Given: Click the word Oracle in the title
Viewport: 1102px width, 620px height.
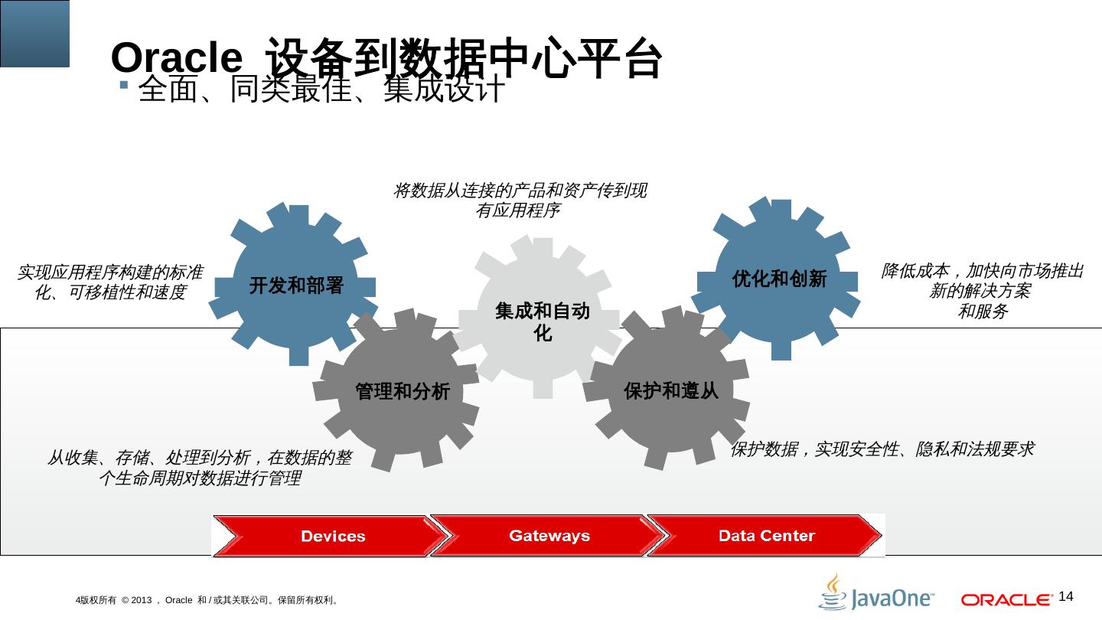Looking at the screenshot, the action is (176, 58).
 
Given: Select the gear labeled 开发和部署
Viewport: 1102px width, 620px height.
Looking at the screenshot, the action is (296, 286).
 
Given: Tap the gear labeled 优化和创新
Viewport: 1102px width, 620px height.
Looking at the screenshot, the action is (779, 279).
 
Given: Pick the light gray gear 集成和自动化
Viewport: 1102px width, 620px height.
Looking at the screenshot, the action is (543, 321).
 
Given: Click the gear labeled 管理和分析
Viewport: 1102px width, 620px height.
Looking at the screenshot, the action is (402, 391).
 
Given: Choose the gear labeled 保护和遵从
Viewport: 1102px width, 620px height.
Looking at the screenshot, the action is (671, 390).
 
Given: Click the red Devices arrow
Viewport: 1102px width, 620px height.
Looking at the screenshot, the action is (329, 536).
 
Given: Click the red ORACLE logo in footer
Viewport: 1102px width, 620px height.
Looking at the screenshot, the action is (1007, 599).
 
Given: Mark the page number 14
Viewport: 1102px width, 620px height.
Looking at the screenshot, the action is (1066, 596).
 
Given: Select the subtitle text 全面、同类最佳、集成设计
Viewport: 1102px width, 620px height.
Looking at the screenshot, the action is (321, 90).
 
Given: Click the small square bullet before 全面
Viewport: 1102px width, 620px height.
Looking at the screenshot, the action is (124, 83).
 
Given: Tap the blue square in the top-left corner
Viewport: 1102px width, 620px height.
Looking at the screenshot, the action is (34, 33).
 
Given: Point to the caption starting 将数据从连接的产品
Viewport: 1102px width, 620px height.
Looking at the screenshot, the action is (519, 200).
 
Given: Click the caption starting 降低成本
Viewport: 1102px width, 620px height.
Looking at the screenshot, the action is (982, 291).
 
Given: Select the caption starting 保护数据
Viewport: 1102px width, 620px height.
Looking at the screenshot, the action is (882, 449).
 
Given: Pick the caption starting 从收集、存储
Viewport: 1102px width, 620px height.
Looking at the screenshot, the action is (199, 468).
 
